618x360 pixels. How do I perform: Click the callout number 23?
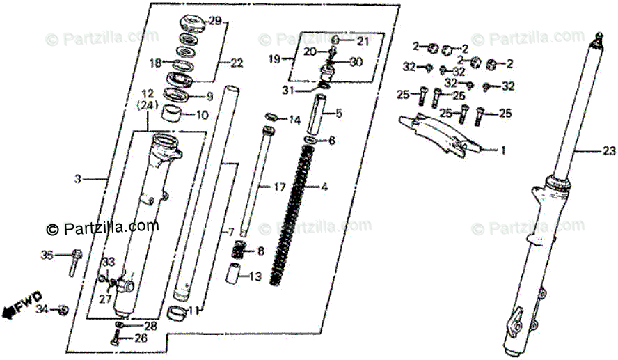(x=610, y=150)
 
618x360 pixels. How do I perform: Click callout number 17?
(x=279, y=187)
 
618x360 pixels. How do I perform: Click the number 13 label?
(x=255, y=277)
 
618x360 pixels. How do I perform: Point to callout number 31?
(x=288, y=90)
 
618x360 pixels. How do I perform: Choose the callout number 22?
(x=237, y=63)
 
